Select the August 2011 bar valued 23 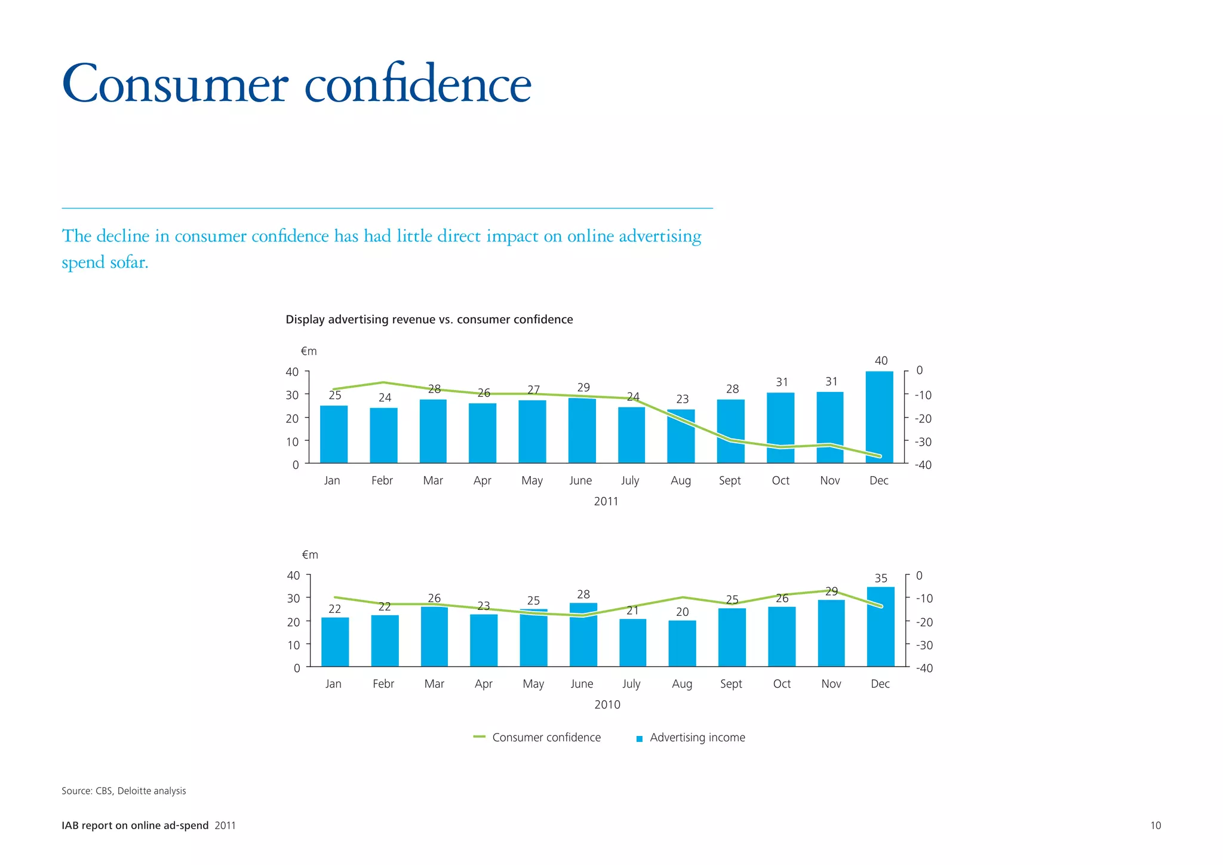point(681,436)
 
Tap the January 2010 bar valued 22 point(335,642)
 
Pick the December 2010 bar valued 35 point(880,627)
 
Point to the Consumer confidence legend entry point(545,737)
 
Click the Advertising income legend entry point(697,737)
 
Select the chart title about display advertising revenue point(429,320)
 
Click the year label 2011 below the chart point(606,501)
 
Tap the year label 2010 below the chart point(607,704)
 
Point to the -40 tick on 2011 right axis point(923,465)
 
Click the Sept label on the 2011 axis point(730,480)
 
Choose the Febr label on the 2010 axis point(383,683)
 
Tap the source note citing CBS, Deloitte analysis point(124,790)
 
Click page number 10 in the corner point(1155,826)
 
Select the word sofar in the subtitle point(128,262)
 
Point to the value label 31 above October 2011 point(782,382)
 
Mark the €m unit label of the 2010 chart point(310,554)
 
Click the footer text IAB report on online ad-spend point(135,826)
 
